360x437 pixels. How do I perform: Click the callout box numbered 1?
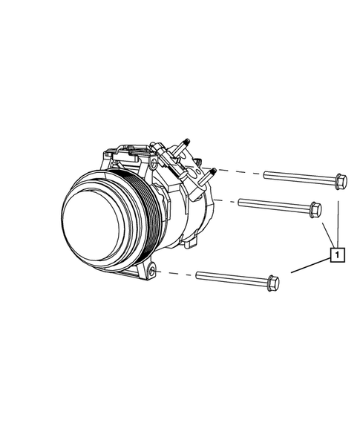[338, 254]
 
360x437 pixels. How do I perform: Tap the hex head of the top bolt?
[341, 182]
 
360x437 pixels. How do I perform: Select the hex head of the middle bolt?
[315, 209]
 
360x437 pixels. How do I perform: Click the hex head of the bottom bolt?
[273, 283]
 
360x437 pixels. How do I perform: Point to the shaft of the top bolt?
[299, 179]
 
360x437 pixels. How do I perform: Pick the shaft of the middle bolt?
[274, 206]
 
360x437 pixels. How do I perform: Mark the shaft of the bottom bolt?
[232, 279]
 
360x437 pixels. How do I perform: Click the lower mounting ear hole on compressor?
[151, 271]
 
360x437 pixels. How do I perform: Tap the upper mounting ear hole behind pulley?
[154, 162]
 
